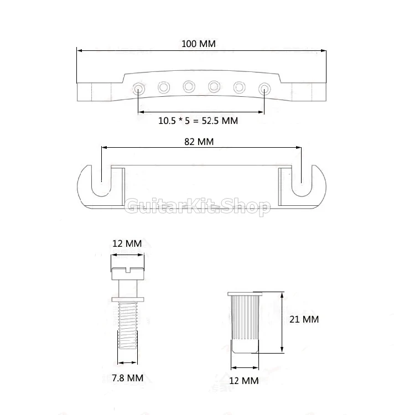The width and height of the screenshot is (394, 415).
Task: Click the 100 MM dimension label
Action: point(199,44)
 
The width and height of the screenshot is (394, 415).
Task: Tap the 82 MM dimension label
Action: point(199,142)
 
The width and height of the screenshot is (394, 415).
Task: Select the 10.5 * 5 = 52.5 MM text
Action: point(198,121)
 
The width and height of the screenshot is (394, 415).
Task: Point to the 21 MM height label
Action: point(304,319)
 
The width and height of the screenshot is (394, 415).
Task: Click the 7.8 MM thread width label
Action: point(127,378)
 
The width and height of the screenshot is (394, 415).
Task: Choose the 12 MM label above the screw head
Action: point(127,243)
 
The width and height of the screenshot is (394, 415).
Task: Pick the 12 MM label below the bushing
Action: point(244,381)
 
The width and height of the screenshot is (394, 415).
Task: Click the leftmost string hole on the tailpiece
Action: point(138,88)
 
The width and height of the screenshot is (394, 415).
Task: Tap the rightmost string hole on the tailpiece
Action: point(265,88)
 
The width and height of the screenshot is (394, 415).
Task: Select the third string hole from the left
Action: point(189,86)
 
